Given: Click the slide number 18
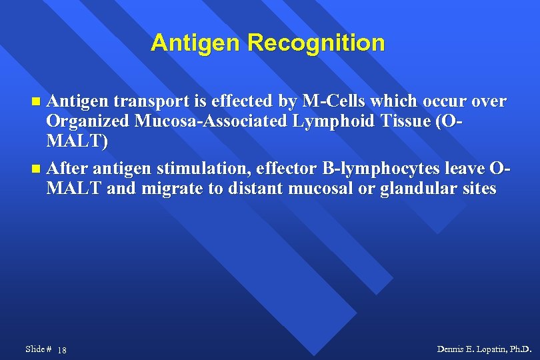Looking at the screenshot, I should coord(61,350).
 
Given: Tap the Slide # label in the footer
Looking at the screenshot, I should coord(38,349).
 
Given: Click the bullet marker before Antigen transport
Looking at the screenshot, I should coord(37,102).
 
